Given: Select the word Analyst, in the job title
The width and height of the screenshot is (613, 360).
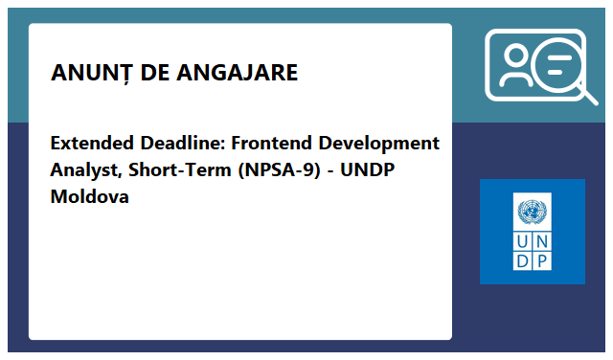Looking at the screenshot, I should click(85, 170).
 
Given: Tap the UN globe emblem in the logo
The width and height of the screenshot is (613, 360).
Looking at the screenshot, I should click(532, 212).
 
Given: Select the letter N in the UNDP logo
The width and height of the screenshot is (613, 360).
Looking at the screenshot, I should click(542, 240).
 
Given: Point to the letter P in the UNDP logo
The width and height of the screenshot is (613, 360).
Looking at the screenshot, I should click(542, 260).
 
